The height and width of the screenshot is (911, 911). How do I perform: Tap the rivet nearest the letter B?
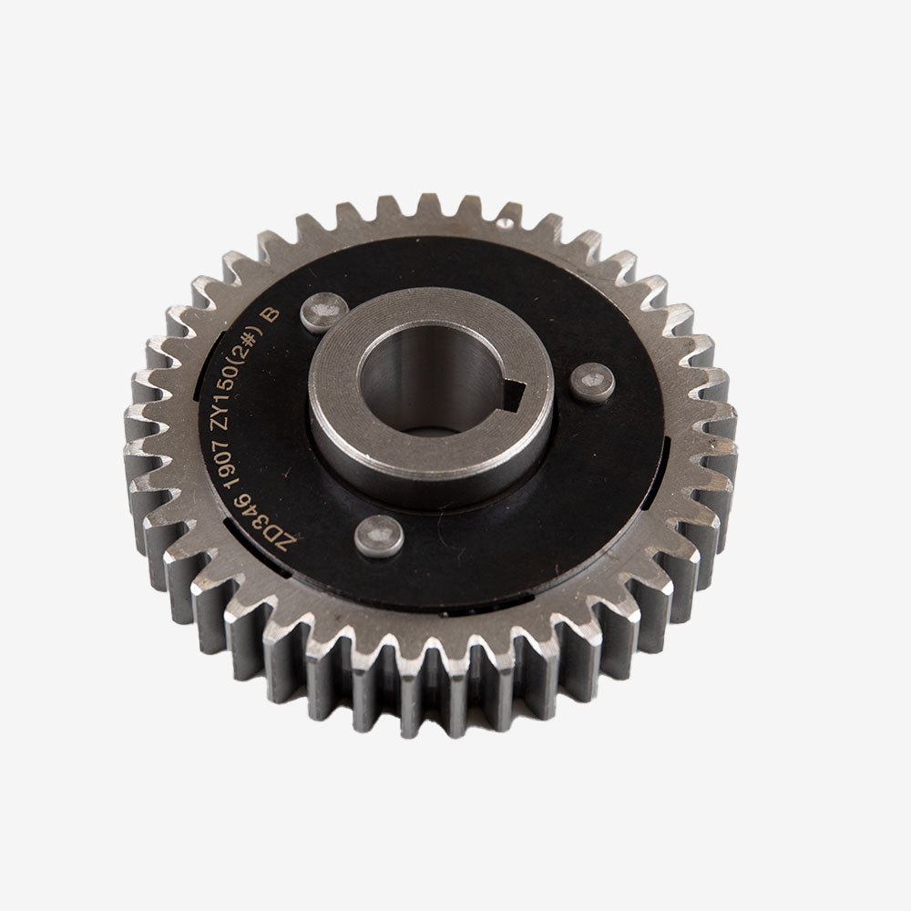click(x=323, y=312)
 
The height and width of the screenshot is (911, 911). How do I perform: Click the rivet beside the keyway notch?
click(x=591, y=383)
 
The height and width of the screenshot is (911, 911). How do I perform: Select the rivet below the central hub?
click(x=379, y=535)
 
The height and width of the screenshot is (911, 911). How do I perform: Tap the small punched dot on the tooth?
click(x=503, y=221)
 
